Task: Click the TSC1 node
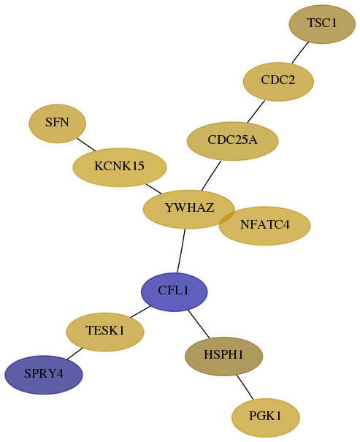pos(322,24)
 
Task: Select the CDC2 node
pos(278,82)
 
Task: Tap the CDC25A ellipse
pos(233,141)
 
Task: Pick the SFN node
pos(57,123)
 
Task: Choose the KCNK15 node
pos(120,167)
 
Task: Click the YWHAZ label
pos(189,207)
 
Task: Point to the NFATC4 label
pos(265,225)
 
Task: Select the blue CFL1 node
pos(174,292)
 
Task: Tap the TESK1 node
pos(105,332)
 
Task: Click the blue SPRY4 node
pos(44,375)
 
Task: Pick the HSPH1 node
pos(224,357)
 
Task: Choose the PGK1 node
pos(266,418)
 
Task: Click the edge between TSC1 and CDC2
pos(300,53)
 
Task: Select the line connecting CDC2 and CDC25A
pos(256,112)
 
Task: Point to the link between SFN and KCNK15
pos(86,145)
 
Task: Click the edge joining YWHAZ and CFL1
pos(181,251)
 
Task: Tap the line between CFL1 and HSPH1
pos(199,324)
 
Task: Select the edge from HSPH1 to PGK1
pos(245,387)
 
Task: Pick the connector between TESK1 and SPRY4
pos(75,354)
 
